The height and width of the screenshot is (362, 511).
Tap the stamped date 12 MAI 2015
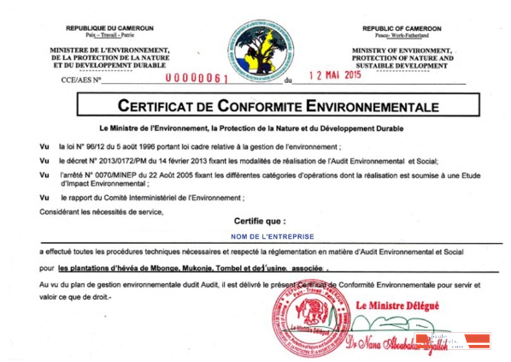(328, 75)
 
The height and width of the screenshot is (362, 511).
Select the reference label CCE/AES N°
(77, 80)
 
